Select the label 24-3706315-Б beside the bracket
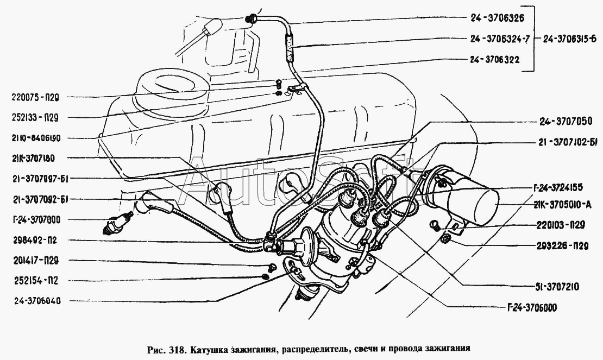point(570,39)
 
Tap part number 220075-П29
point(35,98)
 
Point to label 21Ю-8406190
point(36,138)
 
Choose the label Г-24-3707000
point(36,220)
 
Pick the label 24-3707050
point(566,122)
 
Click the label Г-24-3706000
point(531,308)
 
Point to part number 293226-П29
point(562,247)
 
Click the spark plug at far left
point(118,223)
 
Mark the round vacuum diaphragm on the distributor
point(307,247)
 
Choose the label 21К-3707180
point(34,158)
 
